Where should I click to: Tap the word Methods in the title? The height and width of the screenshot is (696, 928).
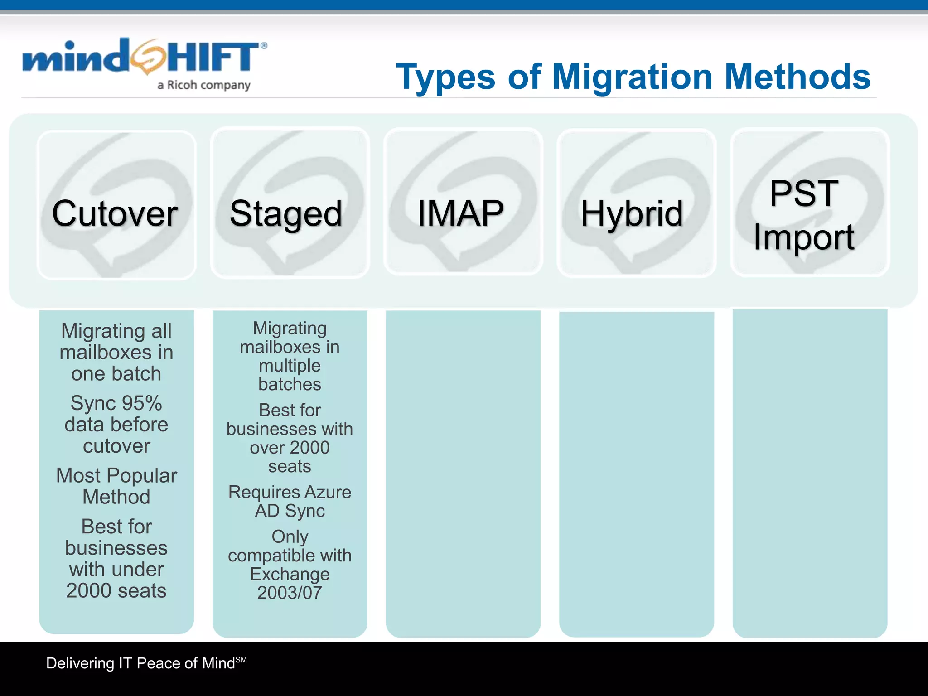coord(797,77)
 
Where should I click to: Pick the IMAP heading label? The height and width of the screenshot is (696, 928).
coord(460,213)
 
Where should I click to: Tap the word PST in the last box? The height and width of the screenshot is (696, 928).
coord(804,193)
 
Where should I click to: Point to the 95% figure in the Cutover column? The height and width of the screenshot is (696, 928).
coord(141,403)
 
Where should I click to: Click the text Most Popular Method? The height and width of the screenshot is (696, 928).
coord(116,486)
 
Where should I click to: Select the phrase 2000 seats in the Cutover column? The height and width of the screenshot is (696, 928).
coord(116,591)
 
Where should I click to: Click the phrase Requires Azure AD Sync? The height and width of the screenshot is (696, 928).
coord(290,501)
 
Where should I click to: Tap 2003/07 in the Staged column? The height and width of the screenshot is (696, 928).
coord(290,593)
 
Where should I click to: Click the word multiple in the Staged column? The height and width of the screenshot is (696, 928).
coord(290,366)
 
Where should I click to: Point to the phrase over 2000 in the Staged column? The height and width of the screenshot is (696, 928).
coord(290,448)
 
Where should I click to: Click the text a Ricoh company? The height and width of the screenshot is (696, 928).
coord(204,85)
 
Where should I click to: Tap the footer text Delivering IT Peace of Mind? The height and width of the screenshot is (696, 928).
coord(140,663)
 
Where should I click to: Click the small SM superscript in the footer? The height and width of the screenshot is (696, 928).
coord(242,660)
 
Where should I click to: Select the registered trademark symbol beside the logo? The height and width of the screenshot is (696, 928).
coord(264,46)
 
